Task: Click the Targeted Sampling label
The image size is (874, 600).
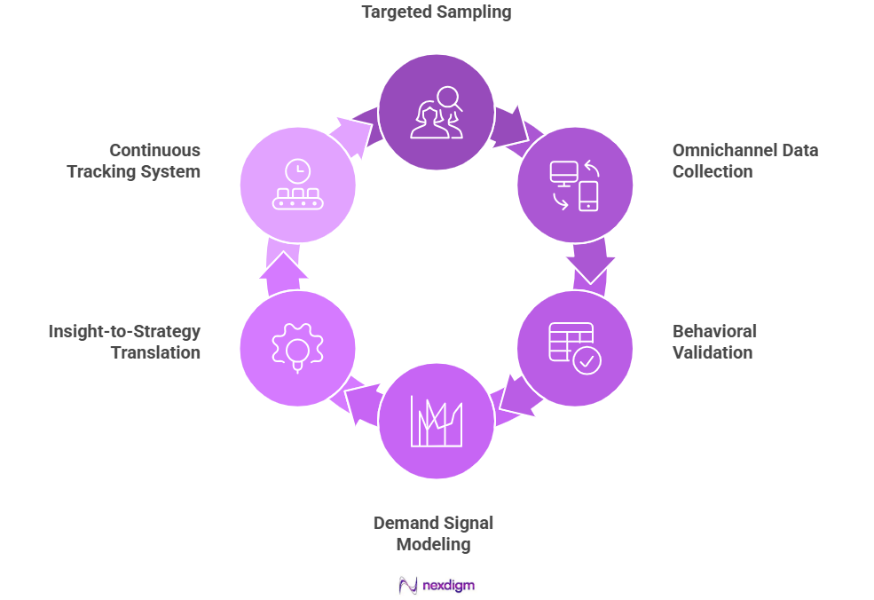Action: point(437,12)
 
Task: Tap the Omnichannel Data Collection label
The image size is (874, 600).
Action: point(744,161)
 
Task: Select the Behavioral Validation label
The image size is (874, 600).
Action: point(713,342)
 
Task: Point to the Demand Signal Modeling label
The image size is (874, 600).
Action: point(433,533)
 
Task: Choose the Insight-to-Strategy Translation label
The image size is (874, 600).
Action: point(124,342)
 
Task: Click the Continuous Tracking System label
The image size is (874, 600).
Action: point(133,161)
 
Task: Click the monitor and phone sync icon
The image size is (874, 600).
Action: point(574,186)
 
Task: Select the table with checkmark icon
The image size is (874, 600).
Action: point(574,347)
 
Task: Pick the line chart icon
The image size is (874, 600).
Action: point(436,421)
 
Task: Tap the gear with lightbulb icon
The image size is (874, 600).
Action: point(297,347)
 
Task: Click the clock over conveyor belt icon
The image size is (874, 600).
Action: point(297,186)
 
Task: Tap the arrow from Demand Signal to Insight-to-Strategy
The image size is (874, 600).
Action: point(358,405)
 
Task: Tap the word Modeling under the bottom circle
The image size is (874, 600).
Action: point(433,543)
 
